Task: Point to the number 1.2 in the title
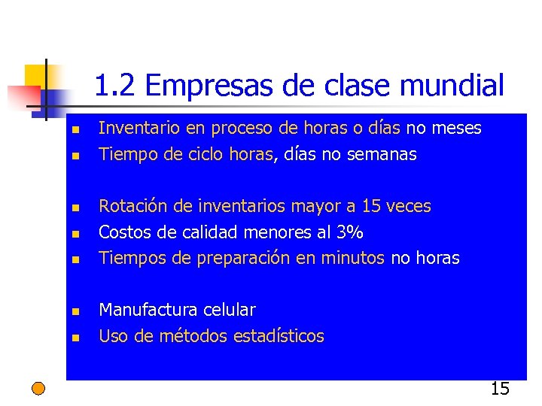coord(115,86)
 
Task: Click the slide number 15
coord(500,389)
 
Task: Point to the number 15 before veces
coord(371,206)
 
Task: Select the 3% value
coord(350,232)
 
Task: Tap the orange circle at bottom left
coord(38,388)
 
